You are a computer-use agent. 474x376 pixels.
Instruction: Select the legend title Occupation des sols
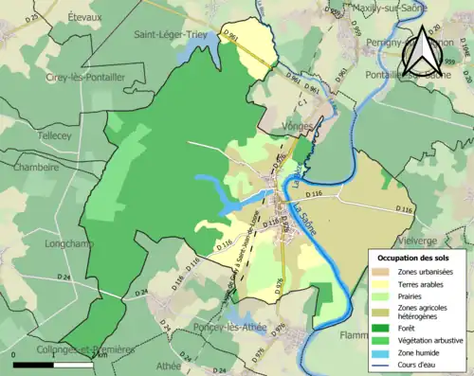[x=415, y=259]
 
